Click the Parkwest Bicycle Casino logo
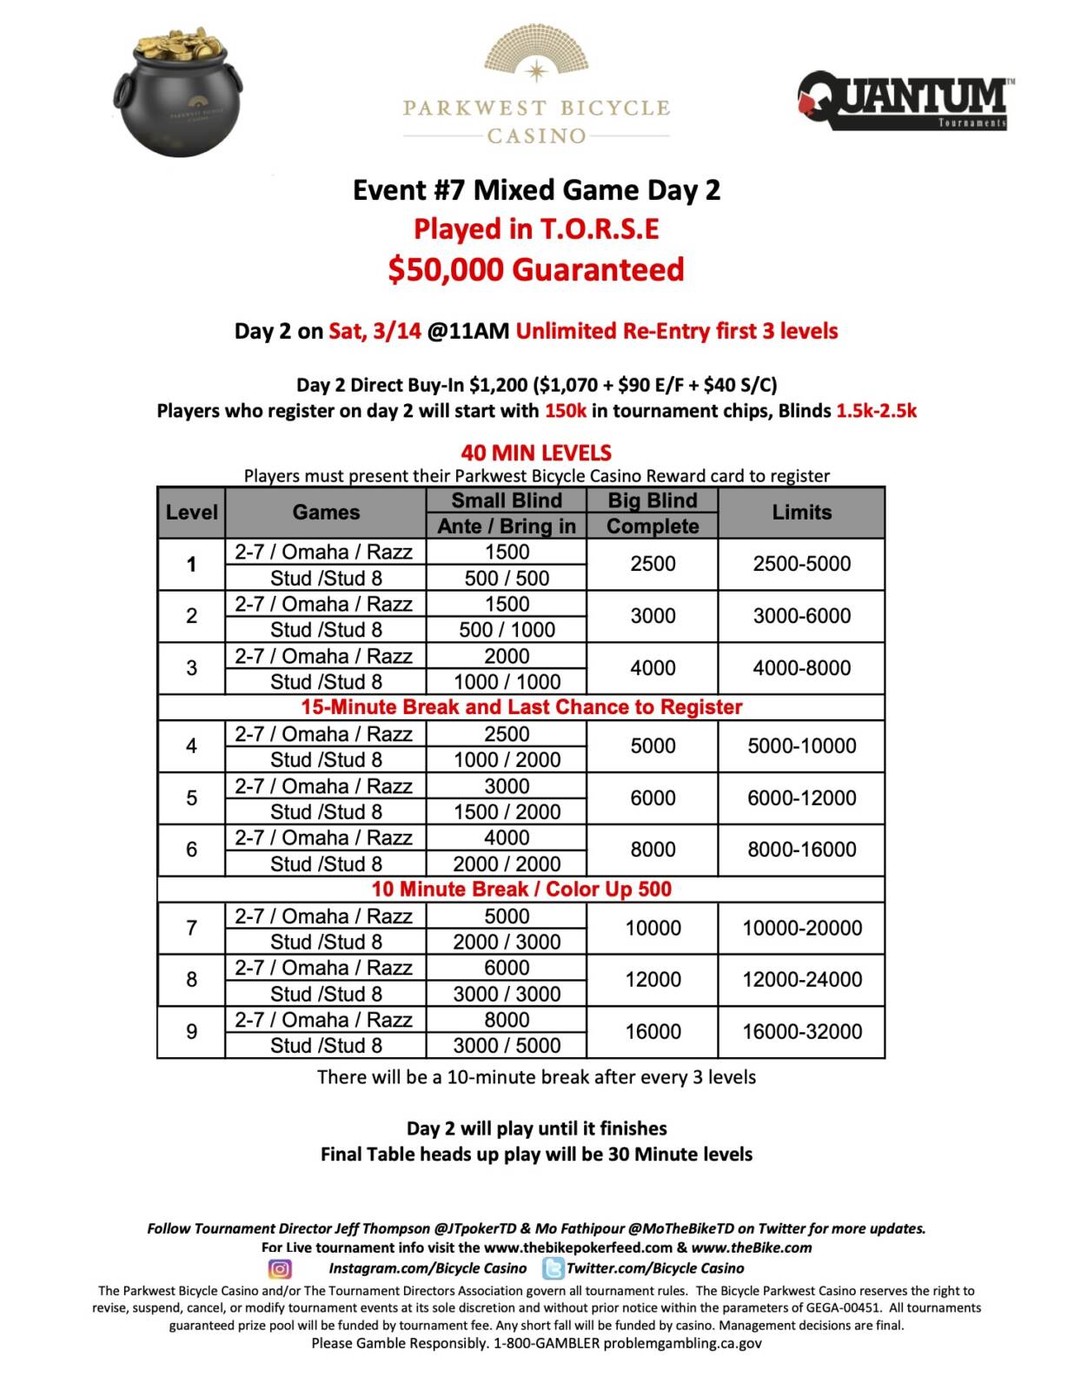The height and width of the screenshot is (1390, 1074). pyautogui.click(x=536, y=87)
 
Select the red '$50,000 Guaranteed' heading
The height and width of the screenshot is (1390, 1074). pyautogui.click(x=536, y=269)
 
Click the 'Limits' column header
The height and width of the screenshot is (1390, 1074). pyautogui.click(x=801, y=513)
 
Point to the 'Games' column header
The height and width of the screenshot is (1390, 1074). pyautogui.click(x=326, y=513)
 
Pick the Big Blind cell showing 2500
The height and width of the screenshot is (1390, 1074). pyautogui.click(x=653, y=564)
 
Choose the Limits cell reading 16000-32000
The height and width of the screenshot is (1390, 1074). pyautogui.click(x=801, y=1031)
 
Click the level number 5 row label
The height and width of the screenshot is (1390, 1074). pyautogui.click(x=191, y=798)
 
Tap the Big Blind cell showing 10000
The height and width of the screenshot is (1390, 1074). pyautogui.click(x=653, y=928)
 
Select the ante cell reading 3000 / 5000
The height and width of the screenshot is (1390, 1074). pyautogui.click(x=507, y=1045)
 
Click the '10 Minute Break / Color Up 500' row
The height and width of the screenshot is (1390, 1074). pyautogui.click(x=521, y=889)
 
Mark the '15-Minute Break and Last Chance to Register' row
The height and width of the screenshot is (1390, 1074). pyautogui.click(x=521, y=707)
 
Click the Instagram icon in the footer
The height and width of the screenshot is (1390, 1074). pyautogui.click(x=280, y=1268)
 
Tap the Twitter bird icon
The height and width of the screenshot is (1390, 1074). pyautogui.click(x=553, y=1268)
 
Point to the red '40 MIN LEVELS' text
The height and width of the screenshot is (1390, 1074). pyautogui.click(x=536, y=453)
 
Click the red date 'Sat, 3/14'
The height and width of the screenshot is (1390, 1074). pyautogui.click(x=375, y=331)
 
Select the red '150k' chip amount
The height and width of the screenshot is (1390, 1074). pyautogui.click(x=566, y=411)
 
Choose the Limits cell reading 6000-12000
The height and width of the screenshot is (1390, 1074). pyautogui.click(x=801, y=798)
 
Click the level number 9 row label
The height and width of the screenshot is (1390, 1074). pyautogui.click(x=191, y=1031)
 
